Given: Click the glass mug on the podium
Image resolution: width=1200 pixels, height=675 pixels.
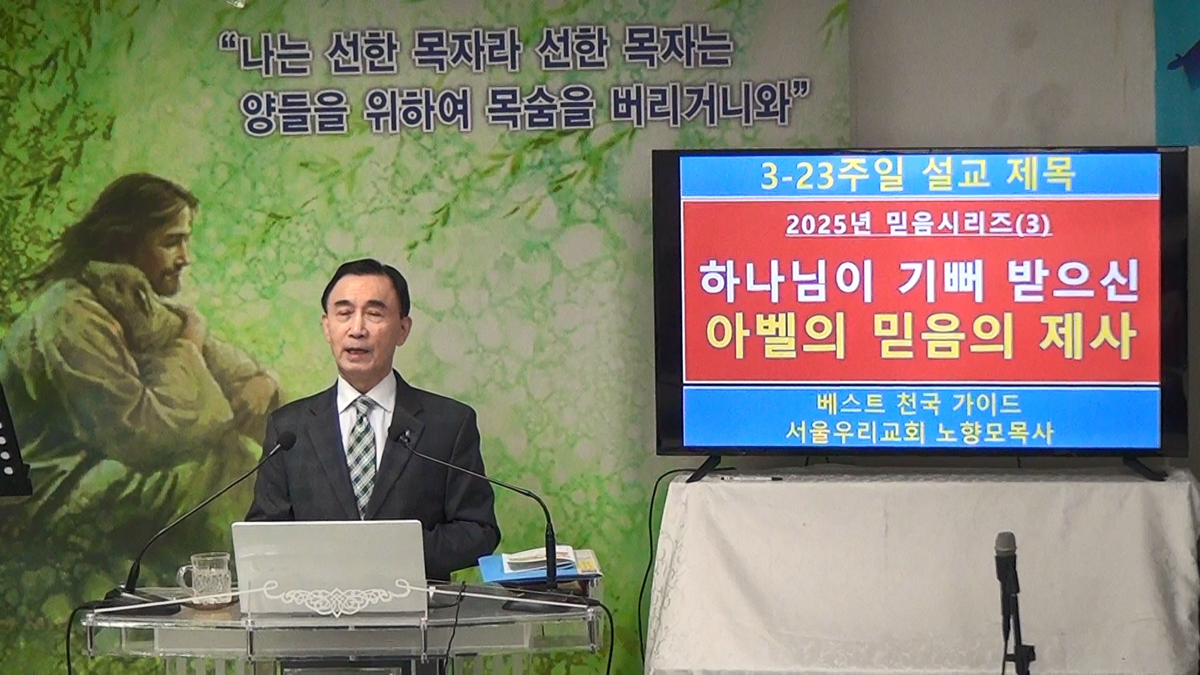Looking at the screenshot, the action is click(x=206, y=579).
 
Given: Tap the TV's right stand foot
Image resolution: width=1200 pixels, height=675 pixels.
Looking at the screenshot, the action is click(x=1144, y=468).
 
